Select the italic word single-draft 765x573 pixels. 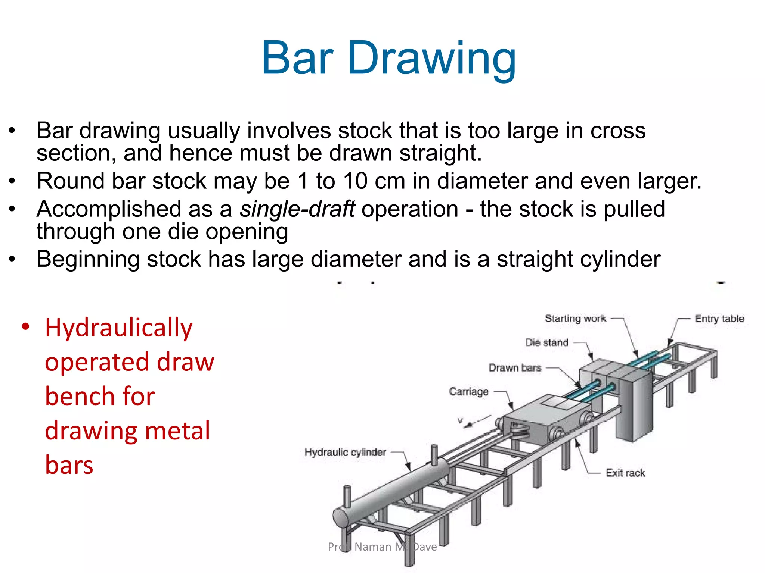pos(297,209)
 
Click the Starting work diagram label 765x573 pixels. pos(575,319)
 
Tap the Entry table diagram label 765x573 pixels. pos(719,319)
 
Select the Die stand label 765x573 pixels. pos(546,342)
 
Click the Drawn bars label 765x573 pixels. pos(515,368)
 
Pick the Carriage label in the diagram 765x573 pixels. pos(469,392)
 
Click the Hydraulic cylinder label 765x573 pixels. pos(345,453)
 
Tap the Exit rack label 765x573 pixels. pos(625,473)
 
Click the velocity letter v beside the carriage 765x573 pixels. pos(461,420)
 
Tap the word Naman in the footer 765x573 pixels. pos(372,547)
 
